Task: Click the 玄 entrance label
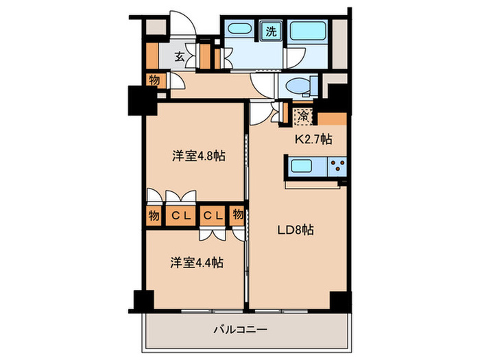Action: (x=178, y=57)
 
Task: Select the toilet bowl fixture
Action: (x=297, y=88)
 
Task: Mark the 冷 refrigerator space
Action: (x=301, y=115)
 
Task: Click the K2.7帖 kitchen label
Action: (x=313, y=139)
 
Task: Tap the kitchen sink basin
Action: (x=302, y=166)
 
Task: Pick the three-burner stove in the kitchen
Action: (x=335, y=165)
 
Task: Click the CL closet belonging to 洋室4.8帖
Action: (x=180, y=215)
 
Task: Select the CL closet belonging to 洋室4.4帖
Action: (x=213, y=215)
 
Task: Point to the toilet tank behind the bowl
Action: (x=315, y=88)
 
